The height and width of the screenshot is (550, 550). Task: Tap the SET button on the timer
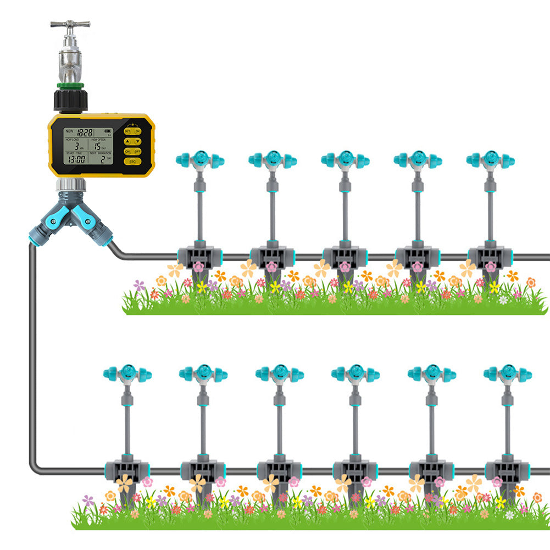pos(127,131)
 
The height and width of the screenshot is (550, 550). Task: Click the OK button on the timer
pos(137,131)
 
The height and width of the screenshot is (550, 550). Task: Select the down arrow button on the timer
pos(137,141)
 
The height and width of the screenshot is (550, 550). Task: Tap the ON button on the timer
pos(127,151)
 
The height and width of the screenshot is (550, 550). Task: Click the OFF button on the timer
pos(137,151)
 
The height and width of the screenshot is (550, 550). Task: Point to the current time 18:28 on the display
pos(85,132)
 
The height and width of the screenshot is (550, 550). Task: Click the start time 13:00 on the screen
pos(76,160)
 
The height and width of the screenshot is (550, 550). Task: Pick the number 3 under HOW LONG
pos(76,146)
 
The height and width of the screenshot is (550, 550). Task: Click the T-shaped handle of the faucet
pos(70,24)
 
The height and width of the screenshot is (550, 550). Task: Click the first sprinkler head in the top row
pos(199,160)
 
